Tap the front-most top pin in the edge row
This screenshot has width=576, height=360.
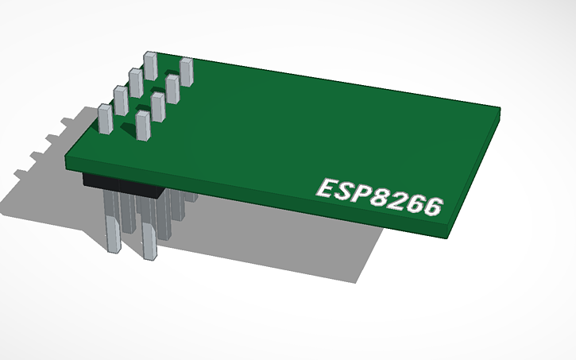[x=105, y=119]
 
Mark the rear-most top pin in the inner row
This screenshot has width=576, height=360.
[x=187, y=72]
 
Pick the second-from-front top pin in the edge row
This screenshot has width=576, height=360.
[x=121, y=99]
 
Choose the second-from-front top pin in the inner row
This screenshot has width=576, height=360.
[x=157, y=106]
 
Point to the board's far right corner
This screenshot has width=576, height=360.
[x=500, y=110]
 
